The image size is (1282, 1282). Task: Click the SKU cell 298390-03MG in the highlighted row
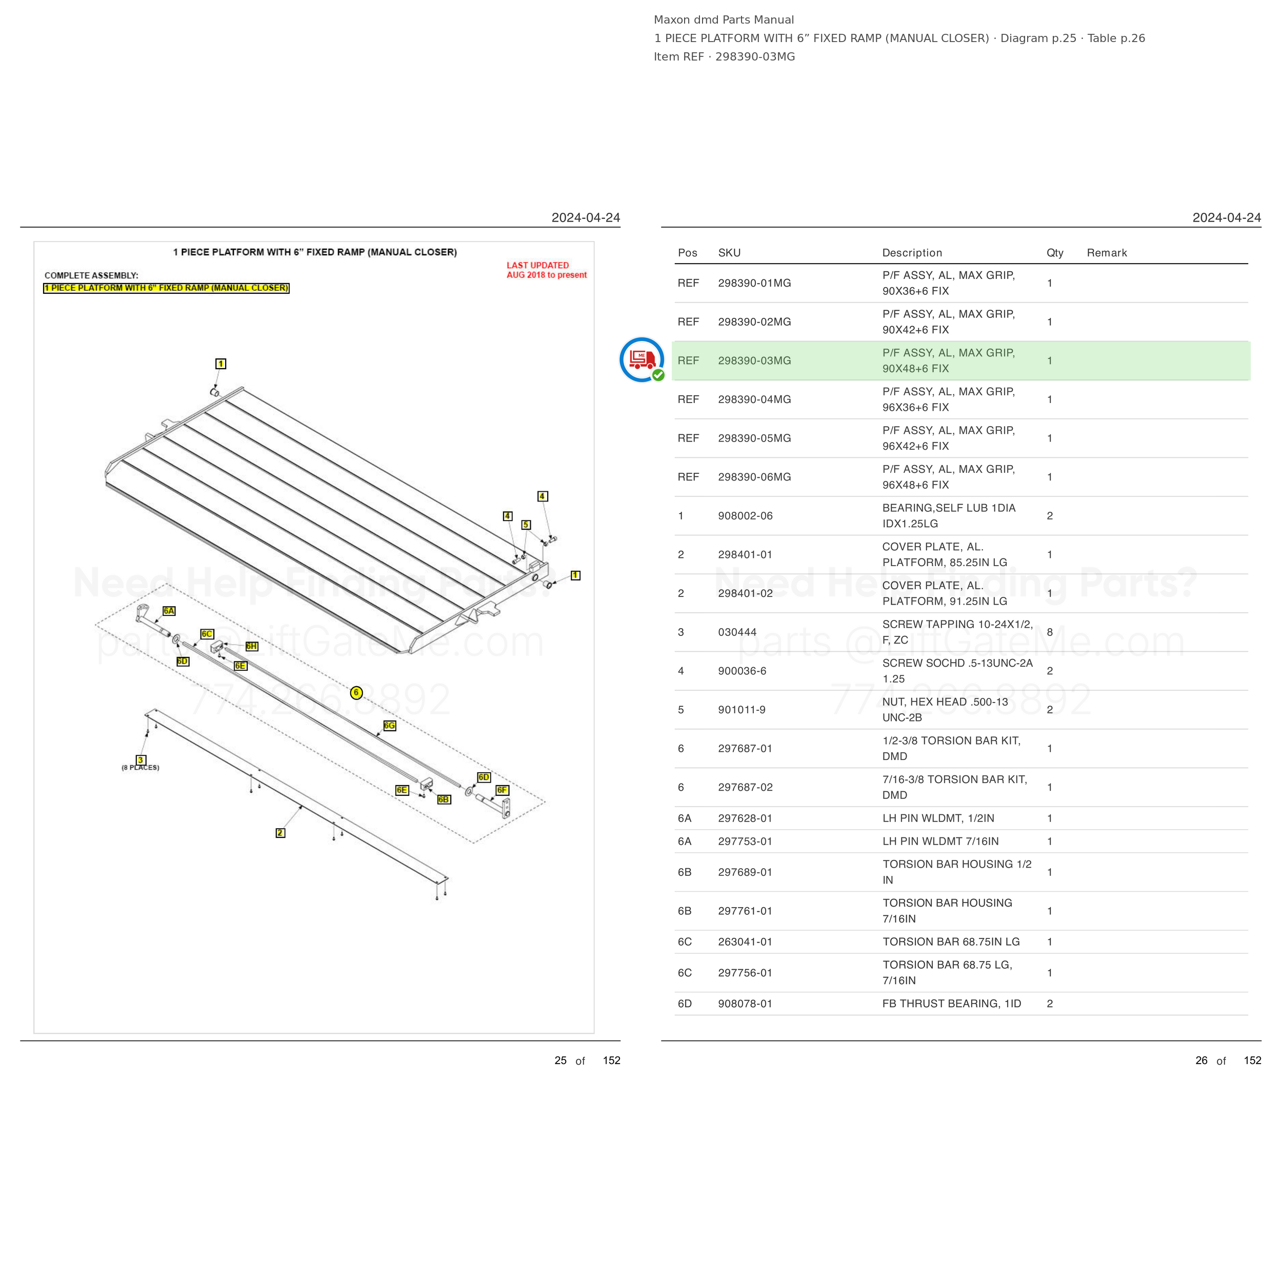tap(754, 360)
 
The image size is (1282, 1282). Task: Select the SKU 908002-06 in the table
tap(745, 515)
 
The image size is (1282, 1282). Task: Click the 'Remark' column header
tap(1106, 253)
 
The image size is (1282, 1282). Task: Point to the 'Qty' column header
tap(1054, 253)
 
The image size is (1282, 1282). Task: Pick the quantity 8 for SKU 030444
tap(1050, 632)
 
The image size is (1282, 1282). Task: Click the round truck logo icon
tap(642, 359)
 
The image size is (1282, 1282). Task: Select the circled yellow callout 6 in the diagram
tap(356, 693)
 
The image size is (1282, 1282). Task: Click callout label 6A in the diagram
tap(169, 610)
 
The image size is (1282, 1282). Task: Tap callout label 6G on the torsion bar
tap(390, 725)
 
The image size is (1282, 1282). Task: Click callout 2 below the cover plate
tap(281, 833)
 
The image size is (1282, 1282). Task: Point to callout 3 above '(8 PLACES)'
tap(141, 760)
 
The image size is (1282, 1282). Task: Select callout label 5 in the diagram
tap(526, 525)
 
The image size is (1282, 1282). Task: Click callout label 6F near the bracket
tap(503, 790)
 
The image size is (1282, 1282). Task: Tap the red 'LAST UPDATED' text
tap(537, 266)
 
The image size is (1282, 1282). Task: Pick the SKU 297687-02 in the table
tap(745, 787)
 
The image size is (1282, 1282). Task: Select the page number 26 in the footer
tap(1201, 1060)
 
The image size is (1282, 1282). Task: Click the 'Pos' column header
tap(688, 253)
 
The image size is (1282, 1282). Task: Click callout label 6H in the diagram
tap(251, 646)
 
